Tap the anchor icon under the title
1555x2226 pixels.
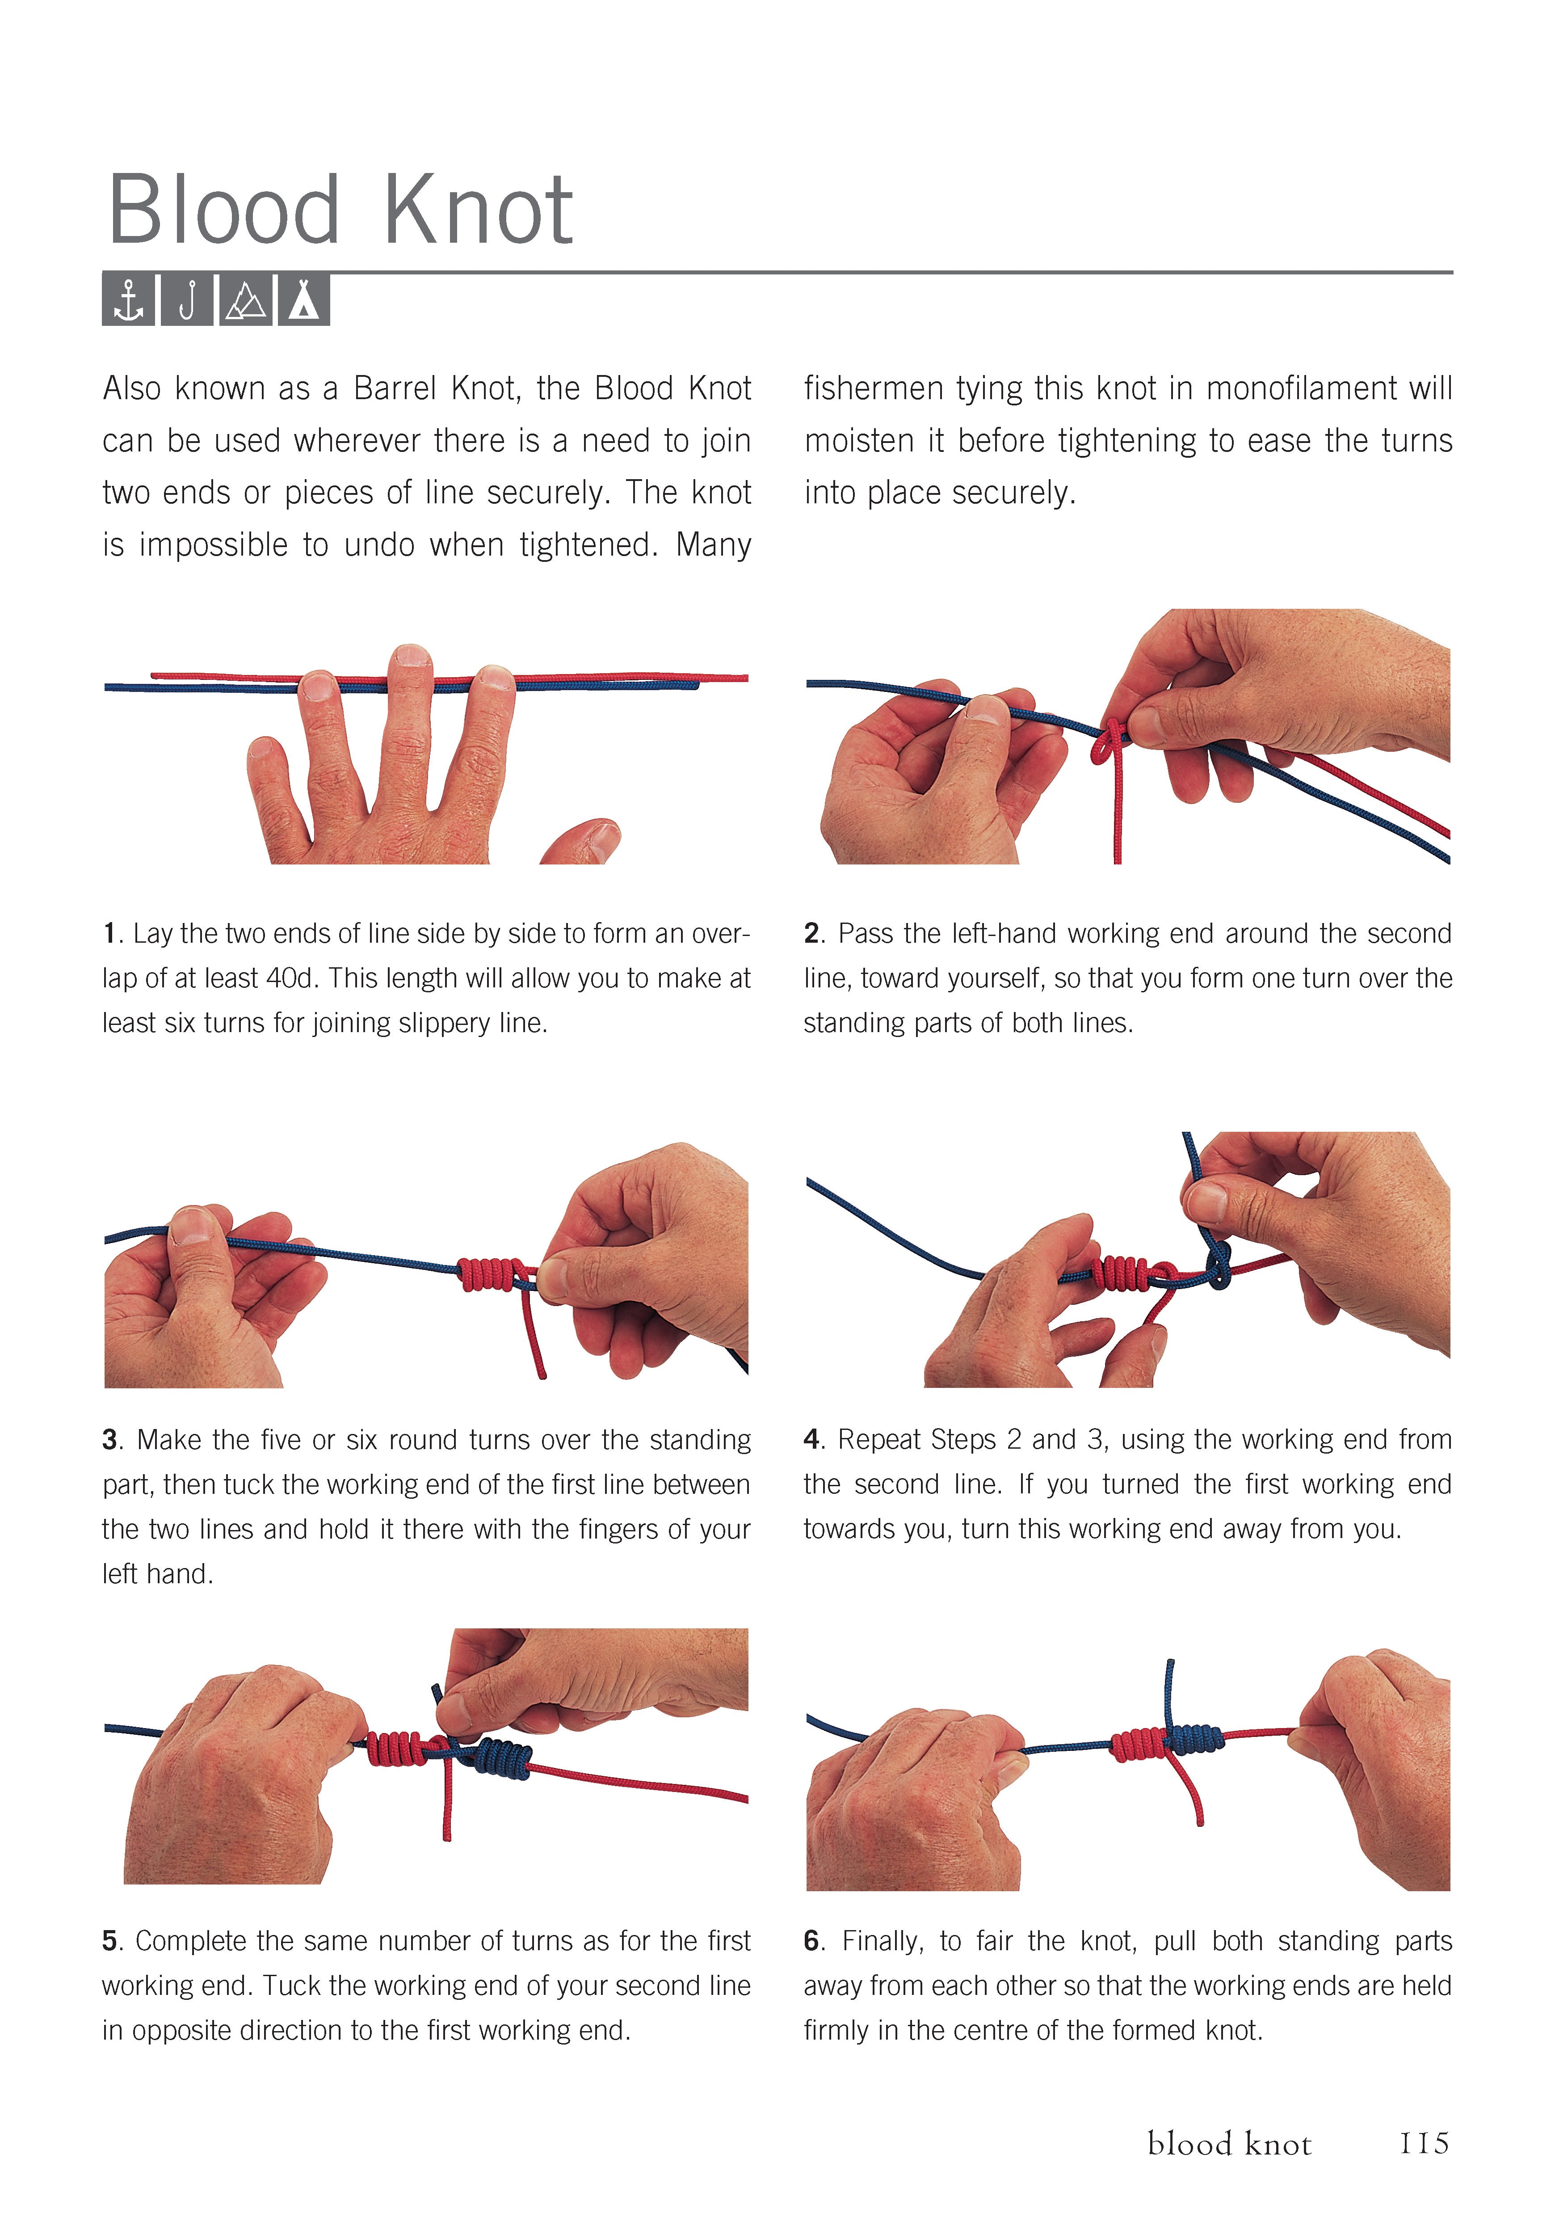click(x=128, y=299)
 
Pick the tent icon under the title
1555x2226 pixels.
click(x=303, y=299)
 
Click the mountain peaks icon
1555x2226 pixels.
click(x=245, y=299)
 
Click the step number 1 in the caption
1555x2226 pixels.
click(x=109, y=934)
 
